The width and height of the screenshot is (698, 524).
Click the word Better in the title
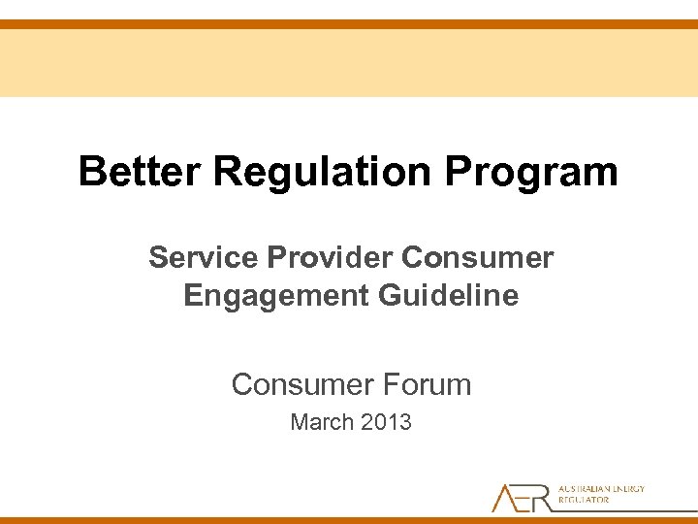tap(142, 172)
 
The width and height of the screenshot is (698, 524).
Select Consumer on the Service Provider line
tap(478, 258)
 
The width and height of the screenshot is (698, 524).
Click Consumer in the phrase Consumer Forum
tap(295, 385)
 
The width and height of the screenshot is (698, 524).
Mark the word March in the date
tap(323, 423)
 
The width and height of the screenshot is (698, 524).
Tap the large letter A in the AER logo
tap(505, 497)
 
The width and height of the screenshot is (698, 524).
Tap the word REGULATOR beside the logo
tap(584, 501)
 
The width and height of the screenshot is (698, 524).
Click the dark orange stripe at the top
tap(349, 24)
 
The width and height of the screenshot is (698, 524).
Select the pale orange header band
tap(349, 63)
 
